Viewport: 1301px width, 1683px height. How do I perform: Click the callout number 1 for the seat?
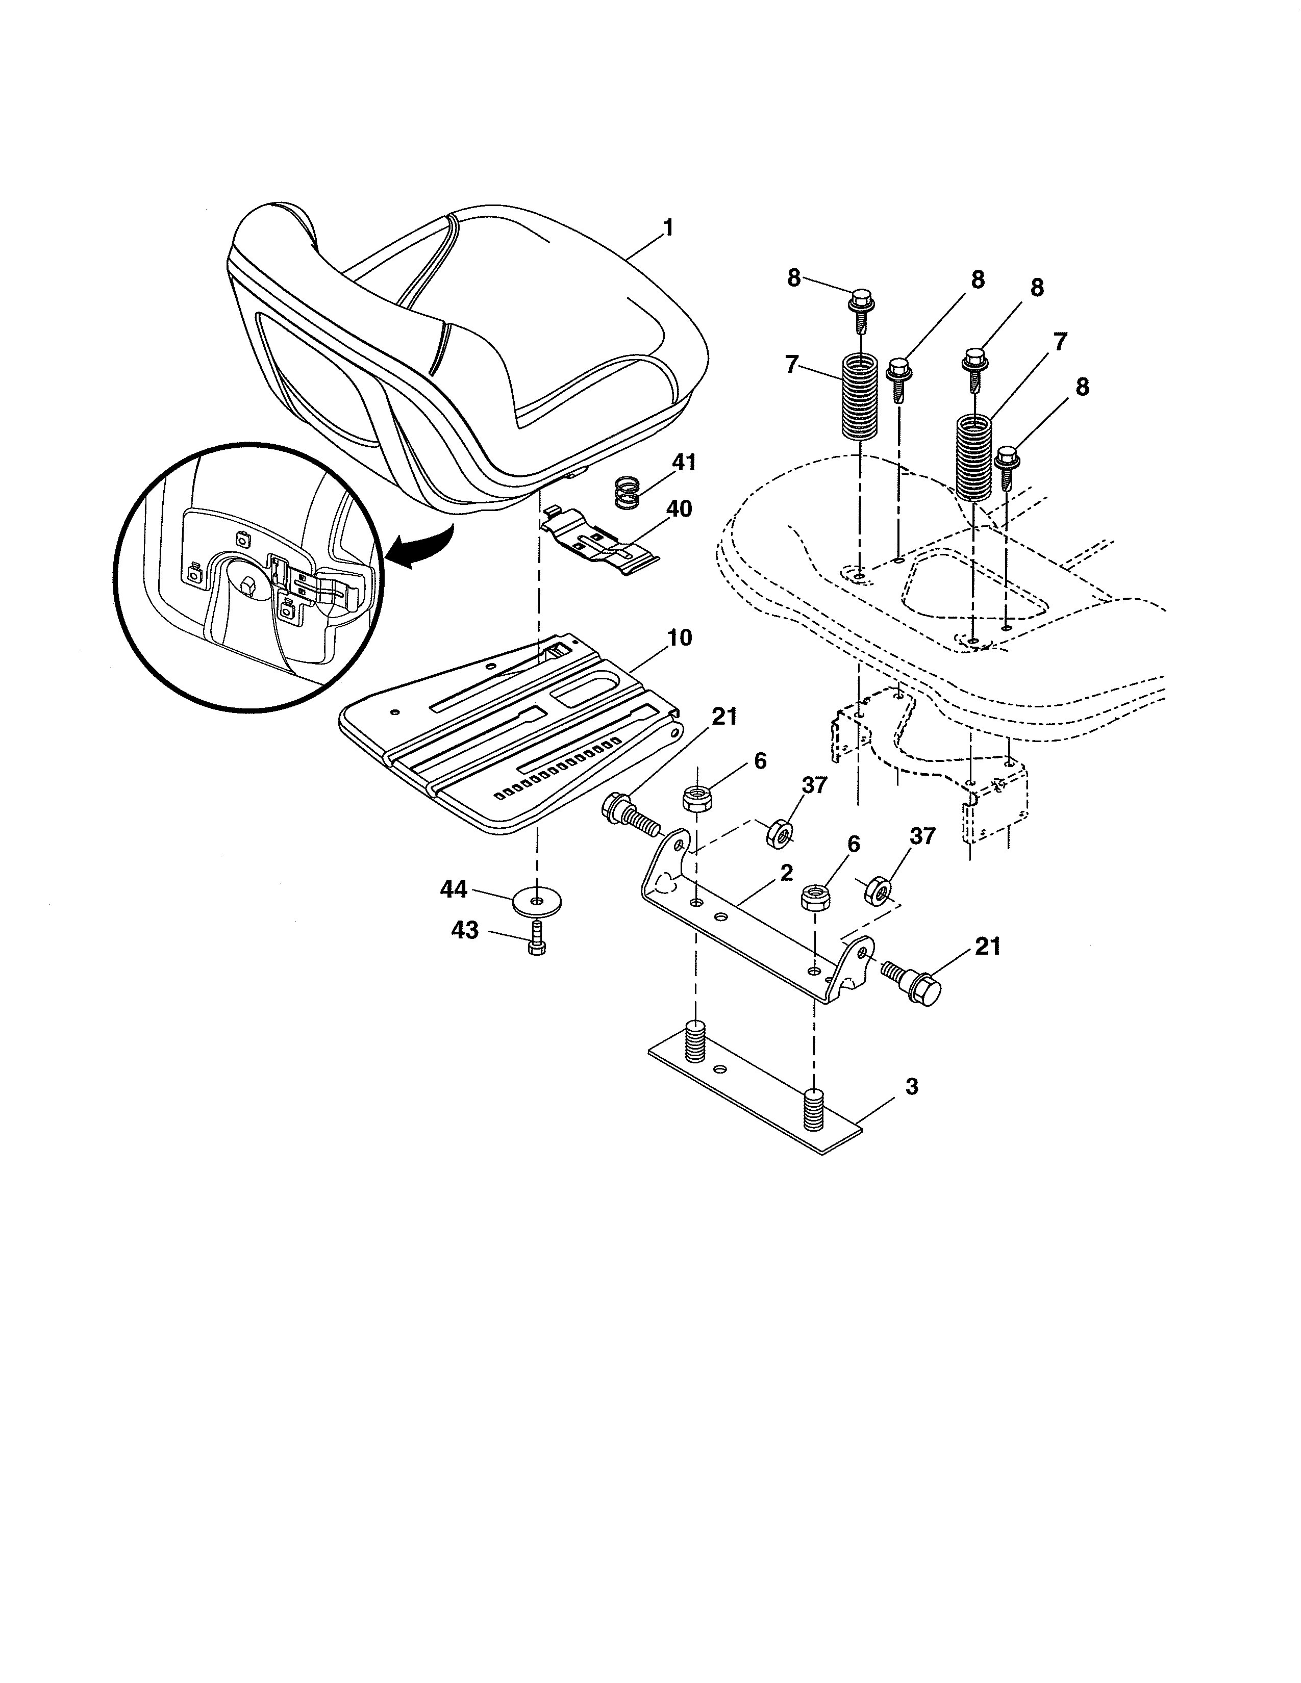pyautogui.click(x=668, y=228)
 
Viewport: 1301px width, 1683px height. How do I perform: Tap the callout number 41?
pyautogui.click(x=684, y=463)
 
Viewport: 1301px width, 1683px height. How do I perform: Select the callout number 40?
pyautogui.click(x=679, y=509)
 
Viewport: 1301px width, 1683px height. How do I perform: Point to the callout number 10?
pyautogui.click(x=680, y=638)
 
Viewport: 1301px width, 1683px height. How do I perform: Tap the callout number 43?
pyautogui.click(x=465, y=931)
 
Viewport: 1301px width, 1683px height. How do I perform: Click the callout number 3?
pyautogui.click(x=912, y=1087)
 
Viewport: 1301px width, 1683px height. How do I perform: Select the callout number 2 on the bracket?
pyautogui.click(x=786, y=873)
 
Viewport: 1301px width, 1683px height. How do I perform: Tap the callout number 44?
pyautogui.click(x=454, y=889)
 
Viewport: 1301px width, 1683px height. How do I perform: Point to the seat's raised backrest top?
pyautogui.click(x=278, y=223)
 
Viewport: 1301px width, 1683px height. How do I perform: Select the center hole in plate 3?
pyautogui.click(x=720, y=1070)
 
